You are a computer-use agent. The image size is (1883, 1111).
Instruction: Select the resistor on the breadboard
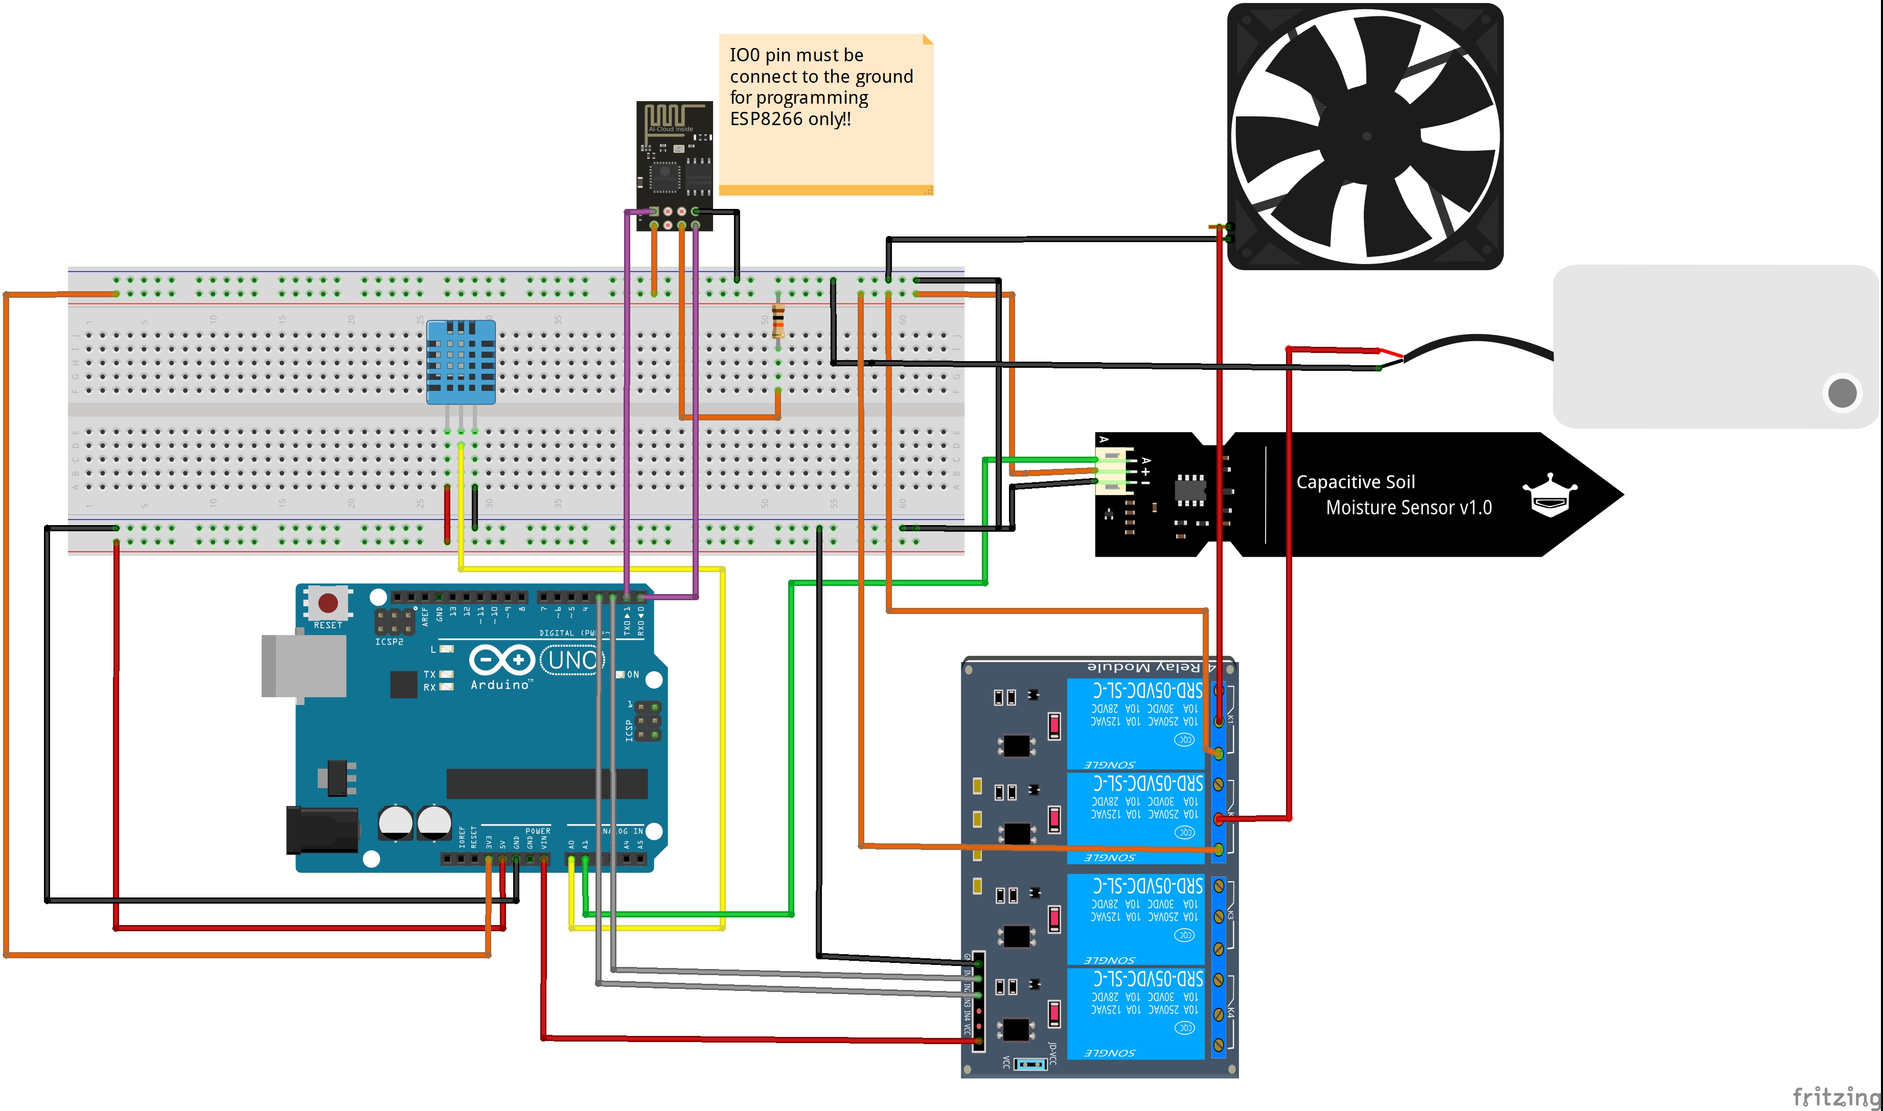(778, 322)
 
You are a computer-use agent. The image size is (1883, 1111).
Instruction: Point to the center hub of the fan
(1366, 136)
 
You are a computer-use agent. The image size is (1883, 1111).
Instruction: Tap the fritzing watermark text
(1836, 1097)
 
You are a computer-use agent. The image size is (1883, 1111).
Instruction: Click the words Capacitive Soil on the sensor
(1355, 482)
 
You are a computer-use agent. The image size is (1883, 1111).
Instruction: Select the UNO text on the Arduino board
(572, 660)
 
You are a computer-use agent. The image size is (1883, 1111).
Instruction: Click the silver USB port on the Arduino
(303, 666)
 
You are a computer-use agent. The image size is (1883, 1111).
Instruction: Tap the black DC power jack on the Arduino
(322, 830)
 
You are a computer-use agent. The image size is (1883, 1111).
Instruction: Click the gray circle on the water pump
(1842, 393)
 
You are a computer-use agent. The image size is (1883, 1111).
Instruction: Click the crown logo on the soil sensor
(1550, 495)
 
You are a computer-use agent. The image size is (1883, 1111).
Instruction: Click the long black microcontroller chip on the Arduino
(547, 784)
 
